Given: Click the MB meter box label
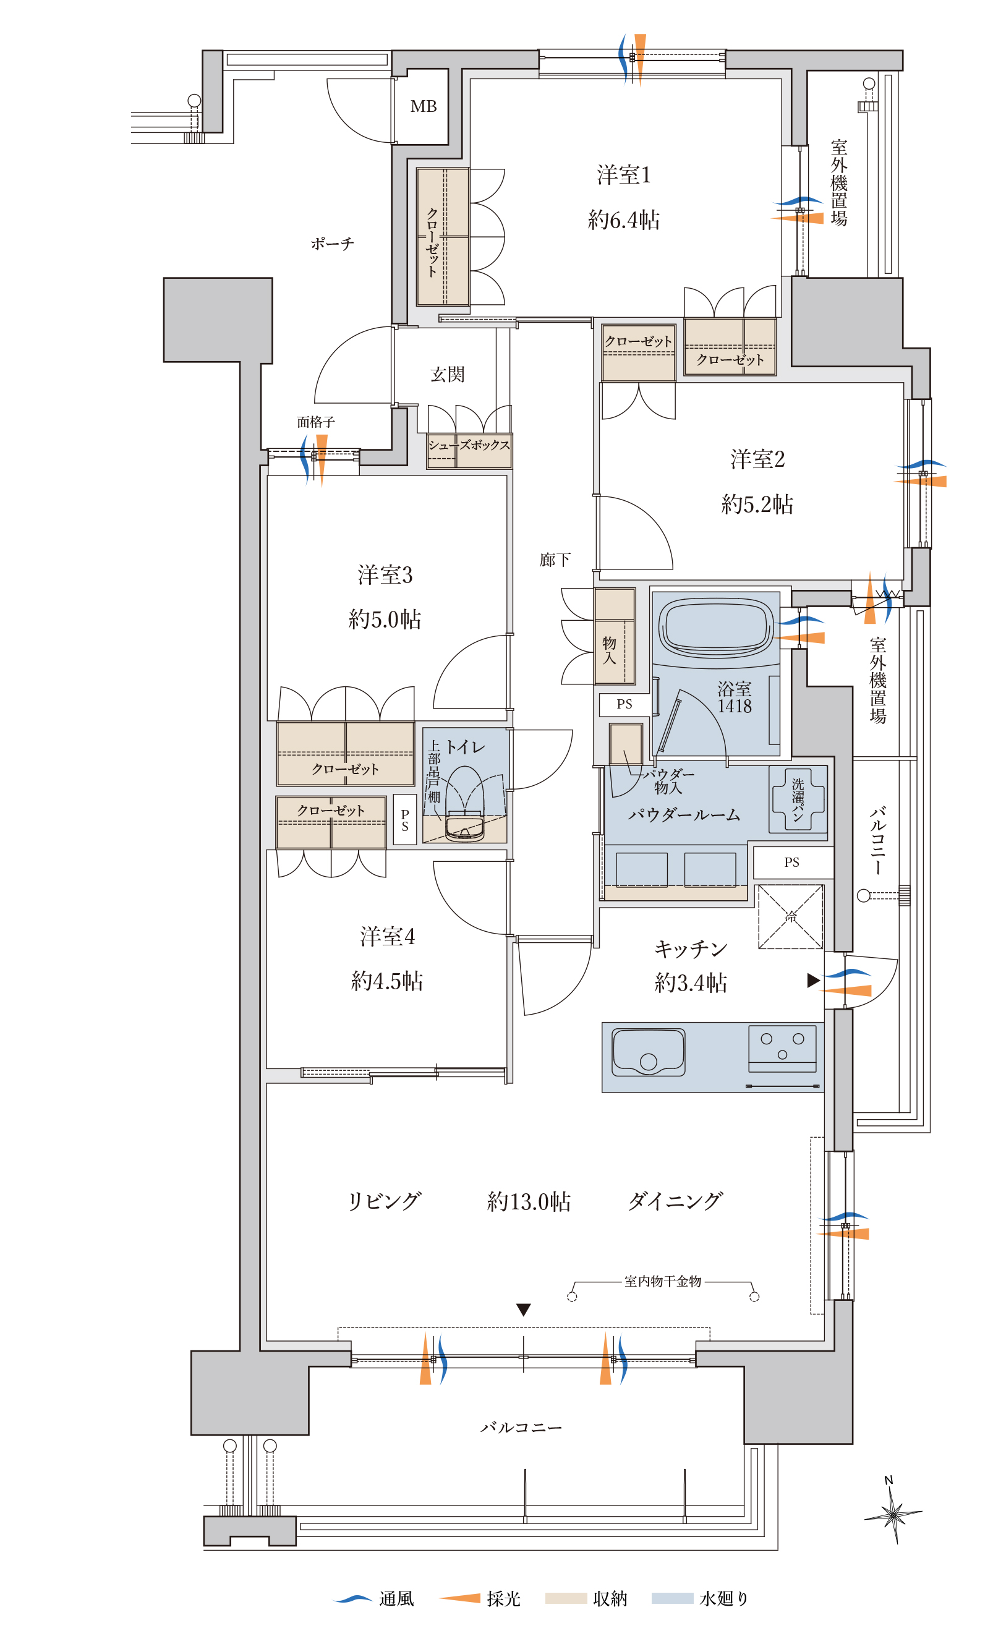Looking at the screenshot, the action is click(x=424, y=106).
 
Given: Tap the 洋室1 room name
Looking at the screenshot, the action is click(x=624, y=174).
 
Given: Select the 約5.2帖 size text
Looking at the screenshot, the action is click(x=757, y=504).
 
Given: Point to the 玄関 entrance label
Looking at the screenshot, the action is click(x=448, y=375).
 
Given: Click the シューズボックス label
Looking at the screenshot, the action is click(x=469, y=445).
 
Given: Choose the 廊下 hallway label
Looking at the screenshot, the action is click(x=555, y=560).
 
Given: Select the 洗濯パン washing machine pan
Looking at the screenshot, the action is click(x=798, y=799).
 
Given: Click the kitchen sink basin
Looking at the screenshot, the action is click(x=649, y=1052).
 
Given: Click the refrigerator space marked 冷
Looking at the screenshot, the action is click(x=791, y=917).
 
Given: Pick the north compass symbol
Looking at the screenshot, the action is click(x=893, y=1513).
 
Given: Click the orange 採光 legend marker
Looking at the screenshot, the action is click(x=459, y=1598).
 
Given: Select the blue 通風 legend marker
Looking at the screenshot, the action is click(x=352, y=1599).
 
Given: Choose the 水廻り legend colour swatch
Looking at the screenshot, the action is click(x=672, y=1599).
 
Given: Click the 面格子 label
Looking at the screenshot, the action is click(x=315, y=422).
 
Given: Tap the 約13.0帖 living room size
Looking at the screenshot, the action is click(x=529, y=1202).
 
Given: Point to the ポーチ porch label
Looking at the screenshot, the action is click(x=333, y=244).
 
